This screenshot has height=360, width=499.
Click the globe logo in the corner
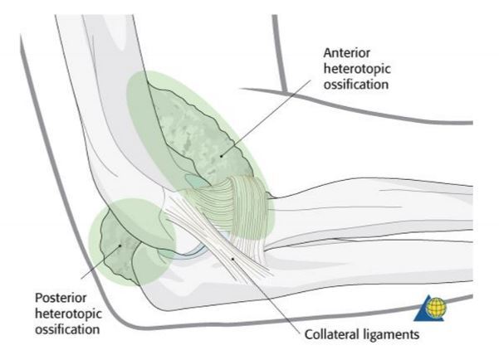(x=432, y=309)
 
